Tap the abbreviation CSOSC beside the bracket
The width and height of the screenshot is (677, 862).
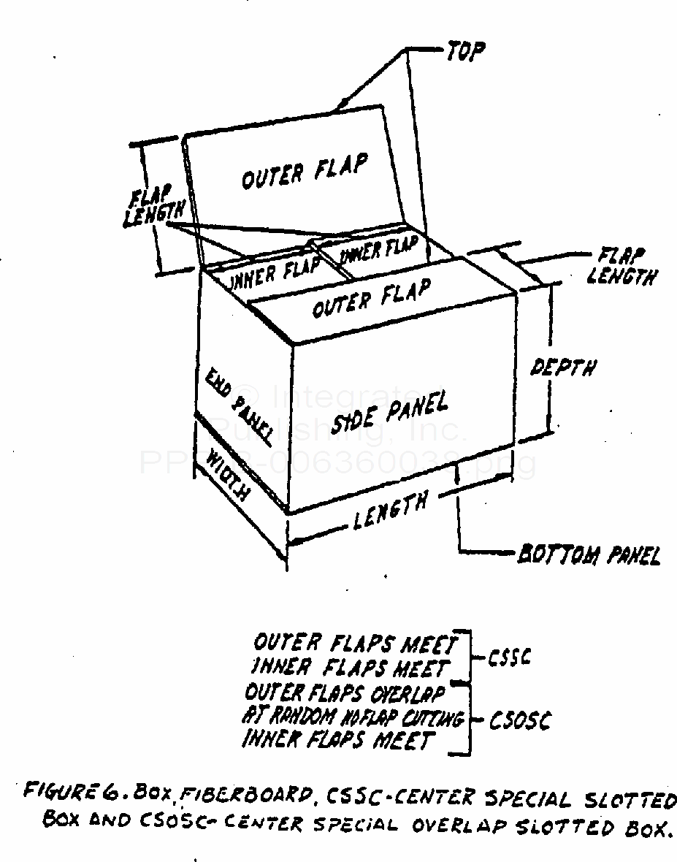(x=519, y=721)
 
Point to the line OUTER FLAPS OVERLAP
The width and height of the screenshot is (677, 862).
(x=345, y=693)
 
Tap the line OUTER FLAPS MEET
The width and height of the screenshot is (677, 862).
(x=355, y=644)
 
